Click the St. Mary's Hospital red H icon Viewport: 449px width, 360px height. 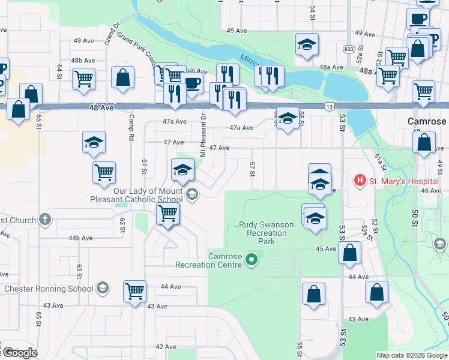360,180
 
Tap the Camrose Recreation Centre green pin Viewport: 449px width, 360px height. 252,260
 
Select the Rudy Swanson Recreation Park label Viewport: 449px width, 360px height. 267,233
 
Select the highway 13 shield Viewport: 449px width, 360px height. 329,106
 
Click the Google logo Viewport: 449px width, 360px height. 19,353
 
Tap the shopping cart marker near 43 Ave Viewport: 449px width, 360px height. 134,291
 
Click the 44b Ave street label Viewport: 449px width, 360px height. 80,238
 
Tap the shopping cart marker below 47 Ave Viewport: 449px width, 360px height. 104,172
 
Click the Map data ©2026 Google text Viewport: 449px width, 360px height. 412,355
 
